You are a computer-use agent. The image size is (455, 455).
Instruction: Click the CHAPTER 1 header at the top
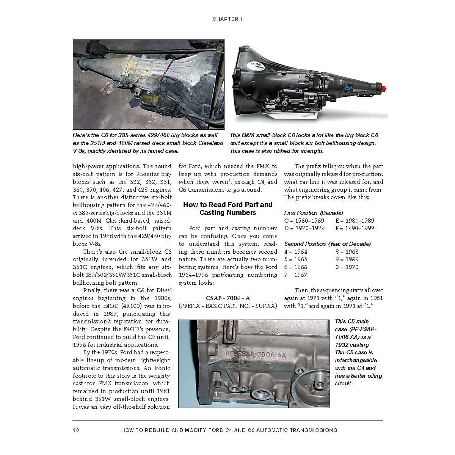click(x=227, y=19)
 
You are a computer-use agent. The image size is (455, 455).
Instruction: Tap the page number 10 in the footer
click(x=76, y=430)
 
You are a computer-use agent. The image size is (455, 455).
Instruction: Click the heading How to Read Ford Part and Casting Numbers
click(x=227, y=209)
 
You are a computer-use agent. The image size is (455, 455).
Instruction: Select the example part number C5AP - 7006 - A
click(x=227, y=298)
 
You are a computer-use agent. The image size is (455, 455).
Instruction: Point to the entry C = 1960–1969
click(x=304, y=221)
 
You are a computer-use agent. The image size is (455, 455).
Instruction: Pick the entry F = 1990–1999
click(x=355, y=228)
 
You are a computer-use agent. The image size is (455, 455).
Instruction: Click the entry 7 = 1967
click(x=296, y=275)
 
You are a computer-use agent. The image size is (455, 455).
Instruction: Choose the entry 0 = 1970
click(x=347, y=267)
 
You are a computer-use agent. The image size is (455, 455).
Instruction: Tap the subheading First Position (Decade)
click(x=313, y=213)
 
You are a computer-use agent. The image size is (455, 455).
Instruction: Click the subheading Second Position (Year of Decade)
click(x=327, y=244)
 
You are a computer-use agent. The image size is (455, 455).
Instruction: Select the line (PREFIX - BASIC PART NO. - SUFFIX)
click(x=227, y=306)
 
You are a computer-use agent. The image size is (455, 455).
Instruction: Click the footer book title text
click(x=229, y=430)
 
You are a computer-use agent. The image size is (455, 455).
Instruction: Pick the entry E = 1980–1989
click(x=355, y=221)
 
